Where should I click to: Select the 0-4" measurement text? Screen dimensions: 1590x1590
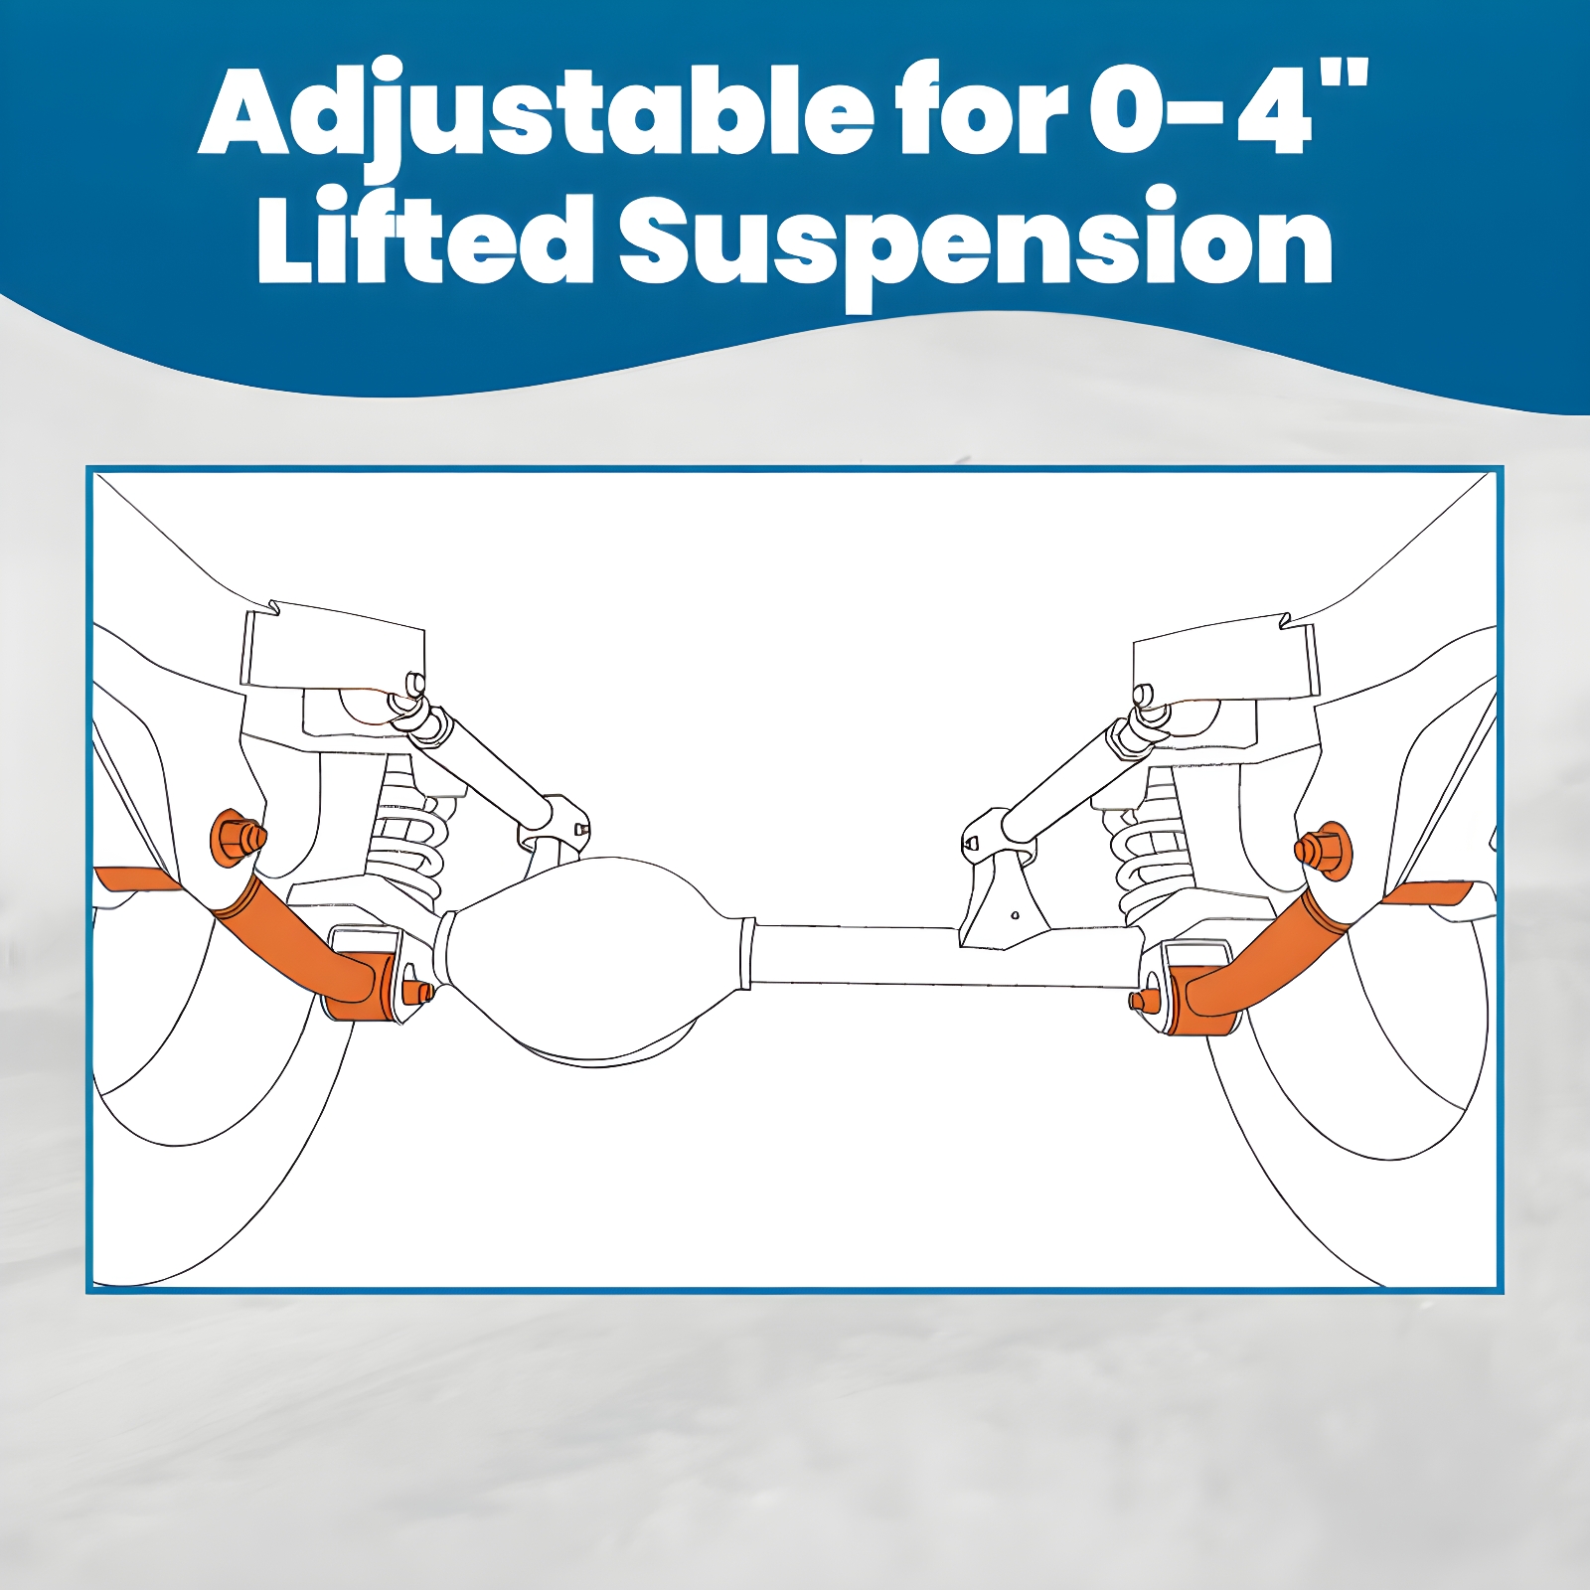tap(1229, 107)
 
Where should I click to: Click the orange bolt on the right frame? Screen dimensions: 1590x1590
tap(1321, 852)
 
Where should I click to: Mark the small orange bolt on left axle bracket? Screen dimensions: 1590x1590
tap(418, 991)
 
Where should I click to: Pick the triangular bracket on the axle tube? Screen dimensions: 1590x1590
tap(1004, 894)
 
